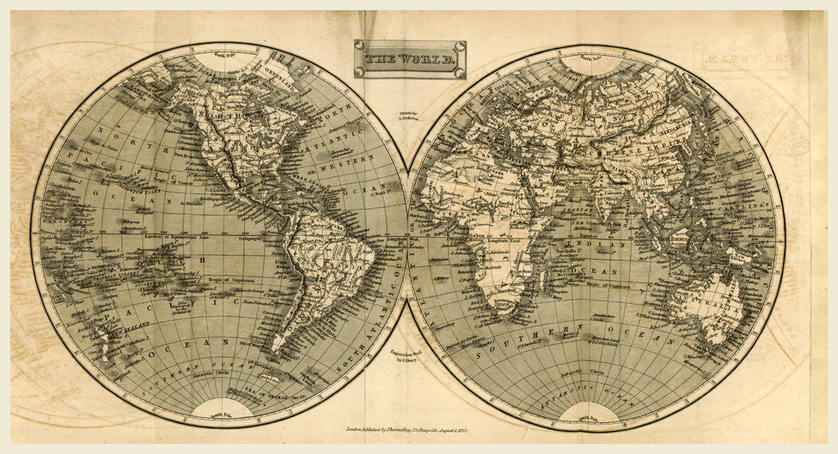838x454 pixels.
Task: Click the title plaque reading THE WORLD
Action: click(410, 59)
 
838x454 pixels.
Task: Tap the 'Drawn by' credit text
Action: click(407, 114)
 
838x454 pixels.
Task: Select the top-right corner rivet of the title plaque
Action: click(461, 46)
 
